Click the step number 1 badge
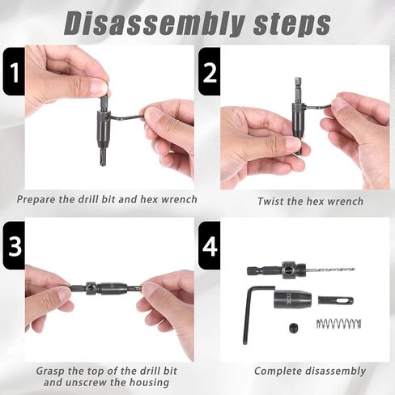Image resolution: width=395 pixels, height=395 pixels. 14,71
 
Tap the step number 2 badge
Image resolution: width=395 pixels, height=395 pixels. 210,71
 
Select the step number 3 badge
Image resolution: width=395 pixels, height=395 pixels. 14,245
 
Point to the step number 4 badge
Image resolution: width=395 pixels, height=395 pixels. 210,245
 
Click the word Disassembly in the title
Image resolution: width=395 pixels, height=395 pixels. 155,23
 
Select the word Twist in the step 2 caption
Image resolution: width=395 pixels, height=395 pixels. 270,202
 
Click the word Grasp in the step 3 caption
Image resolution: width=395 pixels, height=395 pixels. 51,371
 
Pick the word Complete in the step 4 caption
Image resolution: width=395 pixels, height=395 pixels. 278,372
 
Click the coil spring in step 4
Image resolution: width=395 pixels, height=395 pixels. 338,324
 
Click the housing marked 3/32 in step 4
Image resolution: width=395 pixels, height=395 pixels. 293,299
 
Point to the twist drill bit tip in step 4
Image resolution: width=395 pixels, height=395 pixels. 354,270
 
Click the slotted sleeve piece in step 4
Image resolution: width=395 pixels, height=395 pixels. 336,300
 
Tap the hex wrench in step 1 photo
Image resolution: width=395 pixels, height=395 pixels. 127,117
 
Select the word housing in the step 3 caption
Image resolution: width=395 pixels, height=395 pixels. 149,383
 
